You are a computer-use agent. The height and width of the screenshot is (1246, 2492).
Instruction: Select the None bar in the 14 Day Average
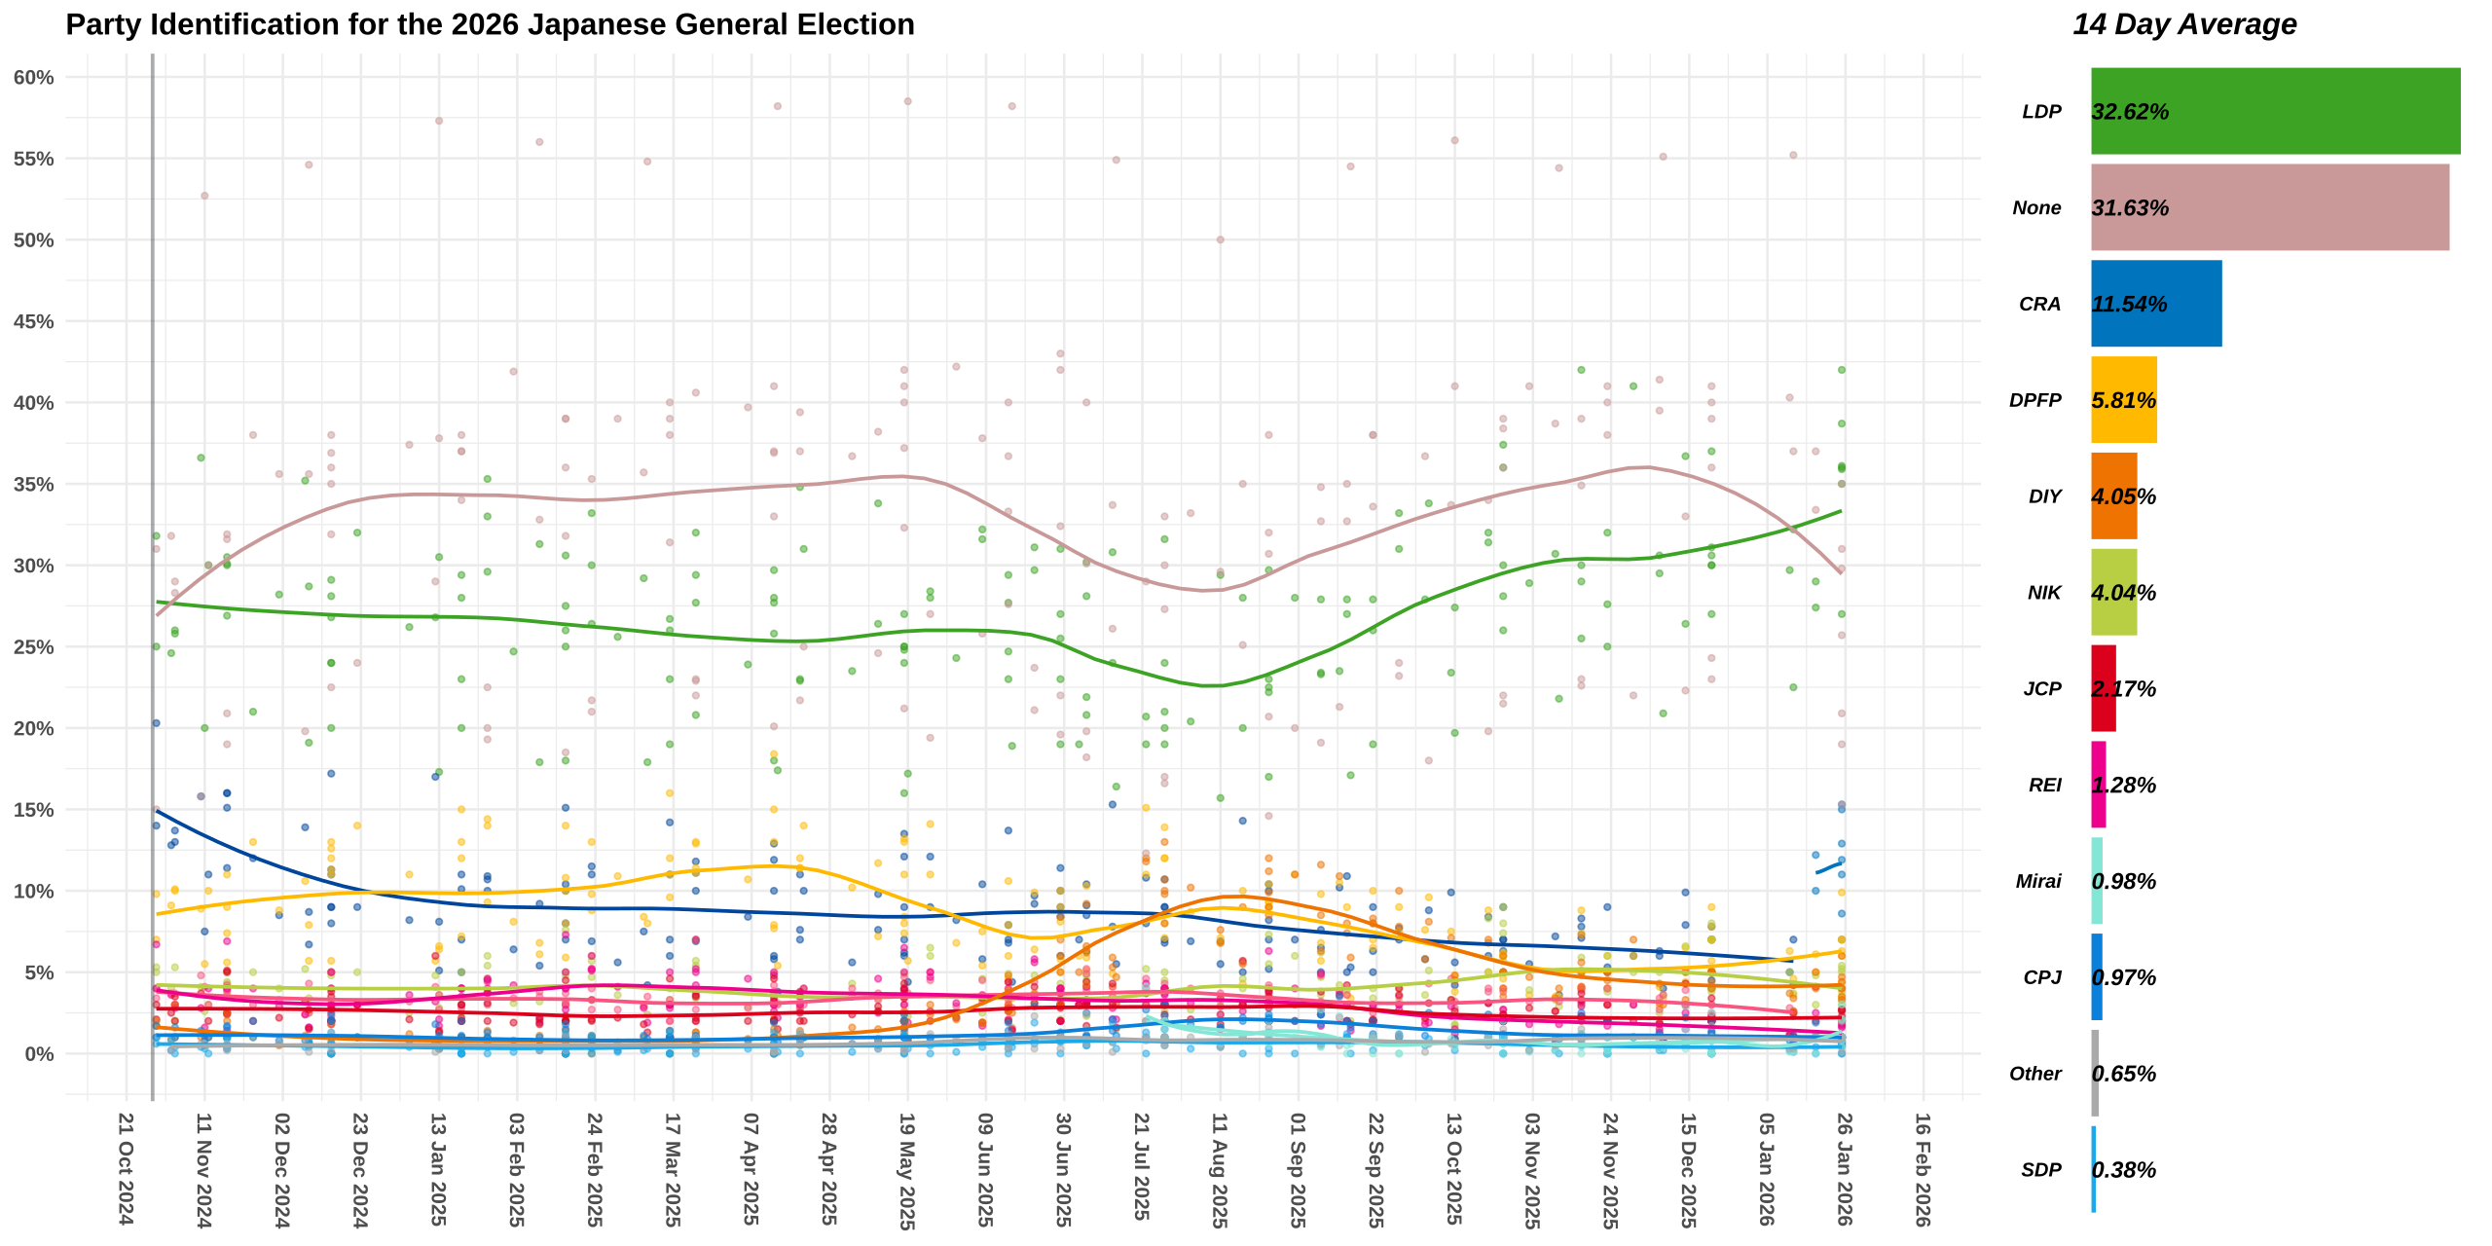pyautogui.click(x=2268, y=207)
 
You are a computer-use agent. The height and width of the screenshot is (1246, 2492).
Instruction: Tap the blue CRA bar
pyautogui.click(x=2155, y=304)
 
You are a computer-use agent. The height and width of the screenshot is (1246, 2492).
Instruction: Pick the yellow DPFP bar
pyautogui.click(x=2123, y=400)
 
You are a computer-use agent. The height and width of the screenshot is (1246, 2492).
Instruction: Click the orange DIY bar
pyautogui.click(x=2113, y=495)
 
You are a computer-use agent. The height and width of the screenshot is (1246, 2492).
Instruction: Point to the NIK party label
pyautogui.click(x=2044, y=593)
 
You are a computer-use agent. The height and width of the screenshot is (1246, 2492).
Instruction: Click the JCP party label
pyautogui.click(x=2042, y=689)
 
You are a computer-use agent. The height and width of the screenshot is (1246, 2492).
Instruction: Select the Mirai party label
pyautogui.click(x=2038, y=881)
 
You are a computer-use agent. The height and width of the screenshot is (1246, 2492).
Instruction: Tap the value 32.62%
pyautogui.click(x=2130, y=112)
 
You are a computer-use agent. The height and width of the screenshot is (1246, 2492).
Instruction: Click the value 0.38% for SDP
pyautogui.click(x=2124, y=1170)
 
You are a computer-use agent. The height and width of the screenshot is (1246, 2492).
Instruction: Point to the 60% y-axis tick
pyautogui.click(x=34, y=78)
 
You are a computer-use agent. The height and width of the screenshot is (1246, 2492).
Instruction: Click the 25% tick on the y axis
pyautogui.click(x=34, y=647)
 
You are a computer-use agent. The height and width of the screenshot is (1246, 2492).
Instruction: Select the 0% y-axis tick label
pyautogui.click(x=40, y=1054)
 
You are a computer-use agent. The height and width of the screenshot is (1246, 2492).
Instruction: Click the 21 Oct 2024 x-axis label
pyautogui.click(x=126, y=1168)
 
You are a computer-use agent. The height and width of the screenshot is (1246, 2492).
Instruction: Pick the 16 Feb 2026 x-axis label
pyautogui.click(x=1923, y=1169)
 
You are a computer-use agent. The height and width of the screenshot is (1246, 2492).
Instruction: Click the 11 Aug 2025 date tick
pyautogui.click(x=1219, y=1169)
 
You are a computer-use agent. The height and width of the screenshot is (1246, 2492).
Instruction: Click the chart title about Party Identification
pyautogui.click(x=490, y=24)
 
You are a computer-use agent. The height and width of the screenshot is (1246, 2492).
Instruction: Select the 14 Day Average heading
pyautogui.click(x=2184, y=24)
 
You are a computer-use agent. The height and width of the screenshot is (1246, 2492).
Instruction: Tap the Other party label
pyautogui.click(x=2034, y=1074)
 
